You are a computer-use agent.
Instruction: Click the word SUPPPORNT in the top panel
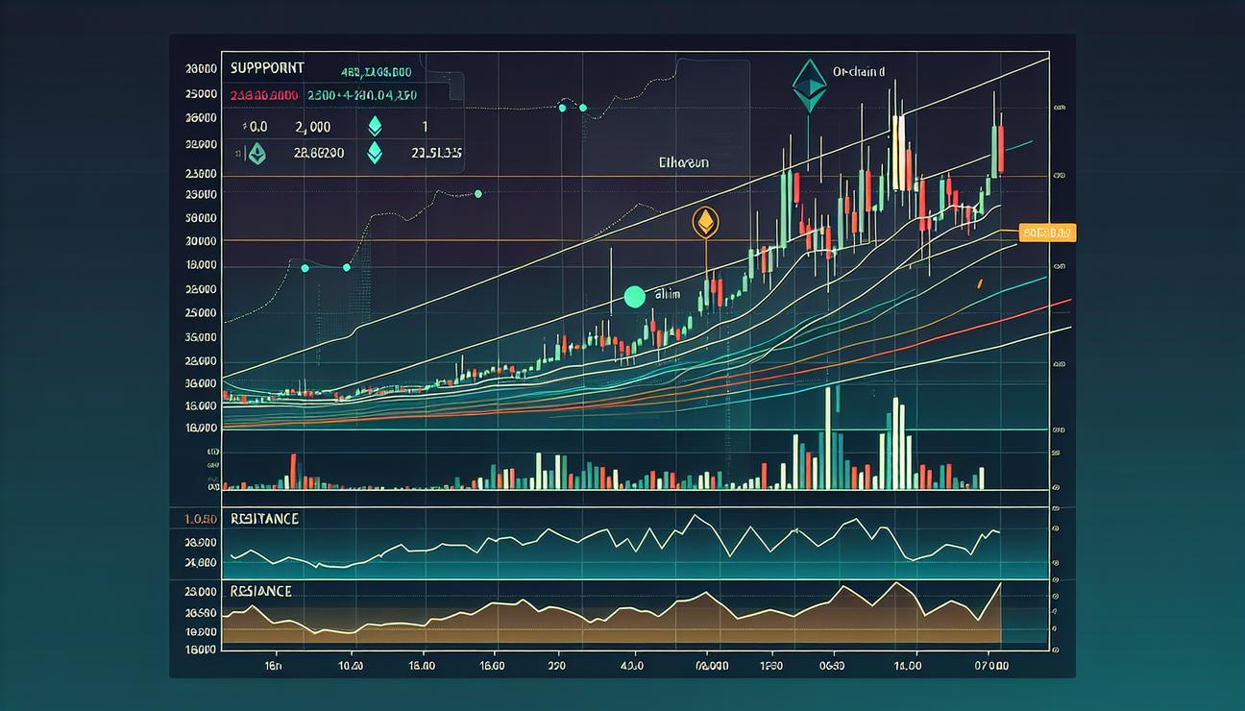268,69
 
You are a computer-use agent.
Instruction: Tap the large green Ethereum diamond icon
810,86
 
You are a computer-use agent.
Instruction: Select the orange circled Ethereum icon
705,223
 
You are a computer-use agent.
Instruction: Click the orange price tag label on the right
1049,233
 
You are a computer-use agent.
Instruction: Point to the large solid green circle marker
634,298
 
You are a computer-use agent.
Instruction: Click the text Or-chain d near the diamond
858,72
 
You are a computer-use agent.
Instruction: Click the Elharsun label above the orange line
685,163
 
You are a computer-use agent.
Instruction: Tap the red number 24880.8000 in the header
263,96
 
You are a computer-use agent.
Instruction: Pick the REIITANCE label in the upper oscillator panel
264,519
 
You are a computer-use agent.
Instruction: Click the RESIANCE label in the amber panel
261,592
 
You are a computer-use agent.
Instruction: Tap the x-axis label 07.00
989,665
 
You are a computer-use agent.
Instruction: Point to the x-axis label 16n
274,665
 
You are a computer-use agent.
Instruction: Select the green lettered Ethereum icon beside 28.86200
256,153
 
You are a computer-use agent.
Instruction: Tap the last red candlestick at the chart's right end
1000,149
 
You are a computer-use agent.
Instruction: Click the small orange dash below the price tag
979,282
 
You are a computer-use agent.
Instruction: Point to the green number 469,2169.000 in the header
377,71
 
